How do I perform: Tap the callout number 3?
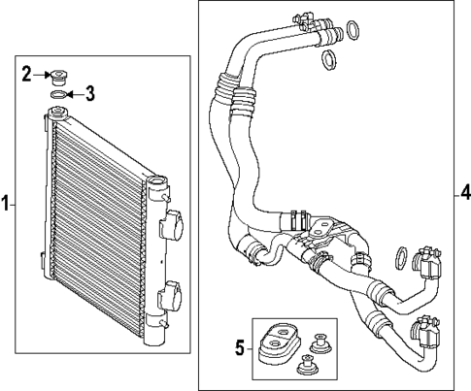coord(90,94)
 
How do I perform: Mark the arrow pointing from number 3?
coord(76,94)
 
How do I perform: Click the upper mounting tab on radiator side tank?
coord(174,227)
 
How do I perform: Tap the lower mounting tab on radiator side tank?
coord(174,294)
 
